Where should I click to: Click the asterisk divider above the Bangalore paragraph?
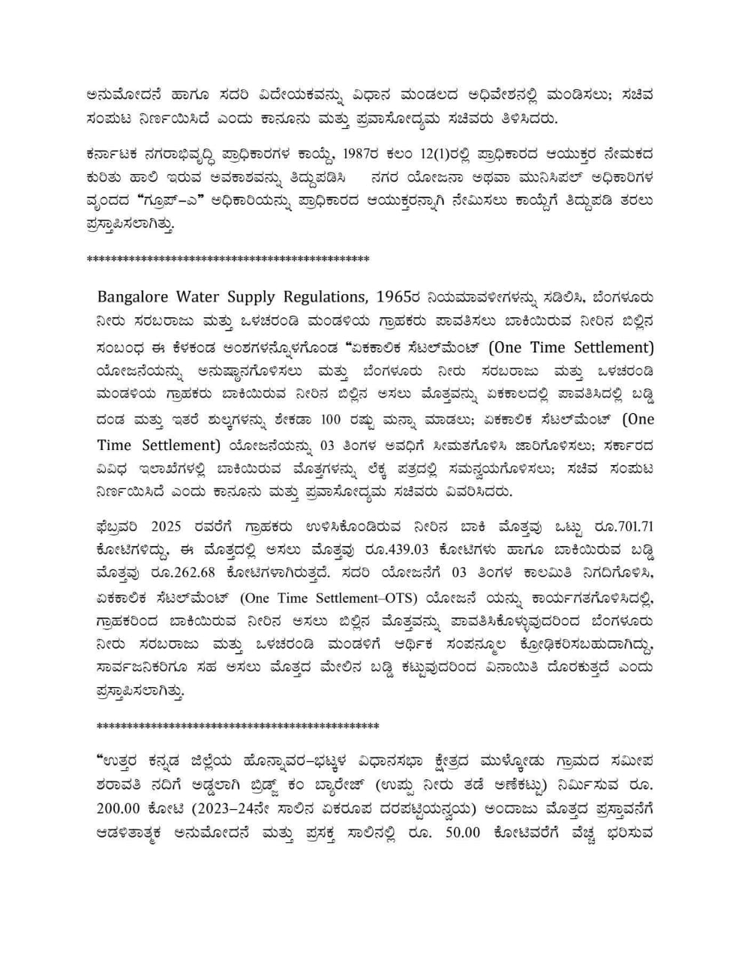[x=228, y=259]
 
